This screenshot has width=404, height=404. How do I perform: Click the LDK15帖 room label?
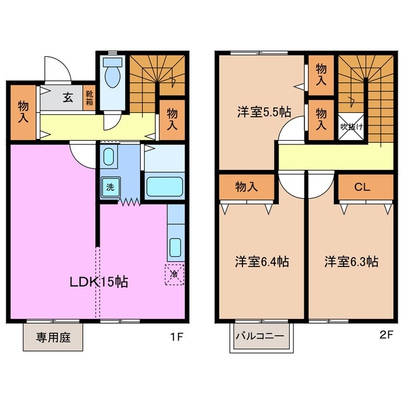98,282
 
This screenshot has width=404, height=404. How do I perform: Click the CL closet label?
361,187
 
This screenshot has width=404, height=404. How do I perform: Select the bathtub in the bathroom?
163,187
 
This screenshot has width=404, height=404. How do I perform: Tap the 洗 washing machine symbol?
110,187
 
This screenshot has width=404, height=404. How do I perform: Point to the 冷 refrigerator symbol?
175,273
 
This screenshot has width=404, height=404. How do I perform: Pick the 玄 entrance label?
67,98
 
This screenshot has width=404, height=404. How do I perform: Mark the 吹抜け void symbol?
351,126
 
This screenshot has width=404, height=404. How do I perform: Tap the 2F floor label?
386,333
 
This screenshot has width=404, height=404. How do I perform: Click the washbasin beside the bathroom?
108,156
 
